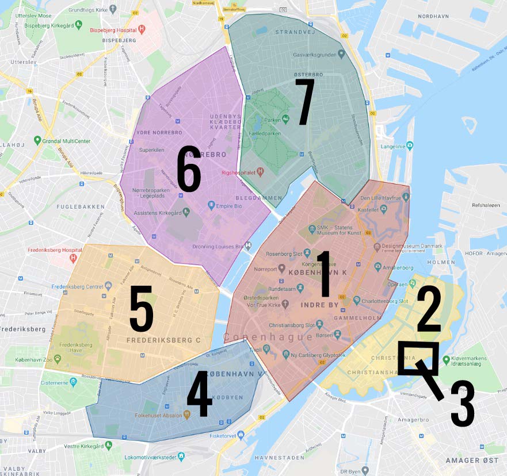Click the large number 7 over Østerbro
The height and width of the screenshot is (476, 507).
(304, 102)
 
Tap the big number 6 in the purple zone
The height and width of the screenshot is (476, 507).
(189, 168)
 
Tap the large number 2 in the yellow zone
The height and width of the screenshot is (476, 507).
(428, 309)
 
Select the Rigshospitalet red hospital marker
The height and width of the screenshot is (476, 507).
(260, 171)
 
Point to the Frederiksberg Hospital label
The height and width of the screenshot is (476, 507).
(51, 251)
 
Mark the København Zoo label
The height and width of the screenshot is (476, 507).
(35, 366)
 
